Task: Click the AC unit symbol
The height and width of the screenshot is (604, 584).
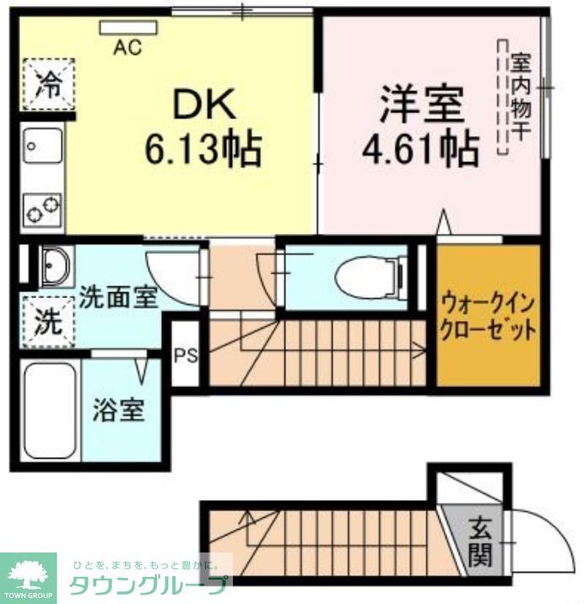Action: [127, 29]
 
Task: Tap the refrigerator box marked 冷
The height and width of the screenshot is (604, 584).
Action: [48, 84]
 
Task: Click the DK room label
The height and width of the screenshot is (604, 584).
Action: [204, 106]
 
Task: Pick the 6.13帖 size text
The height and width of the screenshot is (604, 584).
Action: [203, 150]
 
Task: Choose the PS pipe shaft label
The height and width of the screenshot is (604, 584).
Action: [185, 355]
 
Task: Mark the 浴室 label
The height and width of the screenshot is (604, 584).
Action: [118, 411]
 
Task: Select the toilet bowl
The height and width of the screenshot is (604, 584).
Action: [364, 275]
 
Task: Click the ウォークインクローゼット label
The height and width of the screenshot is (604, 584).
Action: [487, 316]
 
